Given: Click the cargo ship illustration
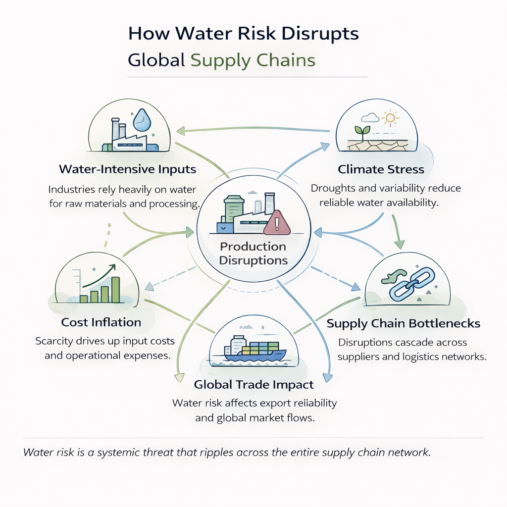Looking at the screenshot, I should coord(254,349).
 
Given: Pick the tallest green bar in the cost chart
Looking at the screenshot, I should coord(115,290).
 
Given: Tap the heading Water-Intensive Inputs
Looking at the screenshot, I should coord(127,169).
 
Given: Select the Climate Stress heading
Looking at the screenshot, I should coord(381,169).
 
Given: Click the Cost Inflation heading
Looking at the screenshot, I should coord(101,322).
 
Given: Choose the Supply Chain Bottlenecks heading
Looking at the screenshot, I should coord(404,324).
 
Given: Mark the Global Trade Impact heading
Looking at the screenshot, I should coord(254,385).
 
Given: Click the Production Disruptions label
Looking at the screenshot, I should coord(253,253).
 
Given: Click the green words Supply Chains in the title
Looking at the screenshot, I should coord(253,60).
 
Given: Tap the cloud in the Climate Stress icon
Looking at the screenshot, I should coord(370,118).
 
